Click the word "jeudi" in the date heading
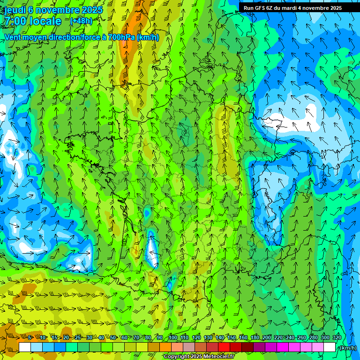click(15, 10)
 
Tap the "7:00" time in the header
click(15, 21)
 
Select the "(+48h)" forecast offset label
click(82, 21)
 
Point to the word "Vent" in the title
click(13, 37)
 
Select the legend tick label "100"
click(172, 338)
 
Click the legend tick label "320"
click(337, 338)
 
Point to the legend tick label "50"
click(113, 338)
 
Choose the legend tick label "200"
click(267, 338)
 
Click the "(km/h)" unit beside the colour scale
click(348, 348)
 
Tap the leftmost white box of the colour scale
click(25, 347)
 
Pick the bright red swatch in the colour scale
click(224, 347)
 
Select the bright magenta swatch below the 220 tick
click(283, 347)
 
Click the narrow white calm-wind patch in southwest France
click(151, 248)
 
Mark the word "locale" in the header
click(45, 21)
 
